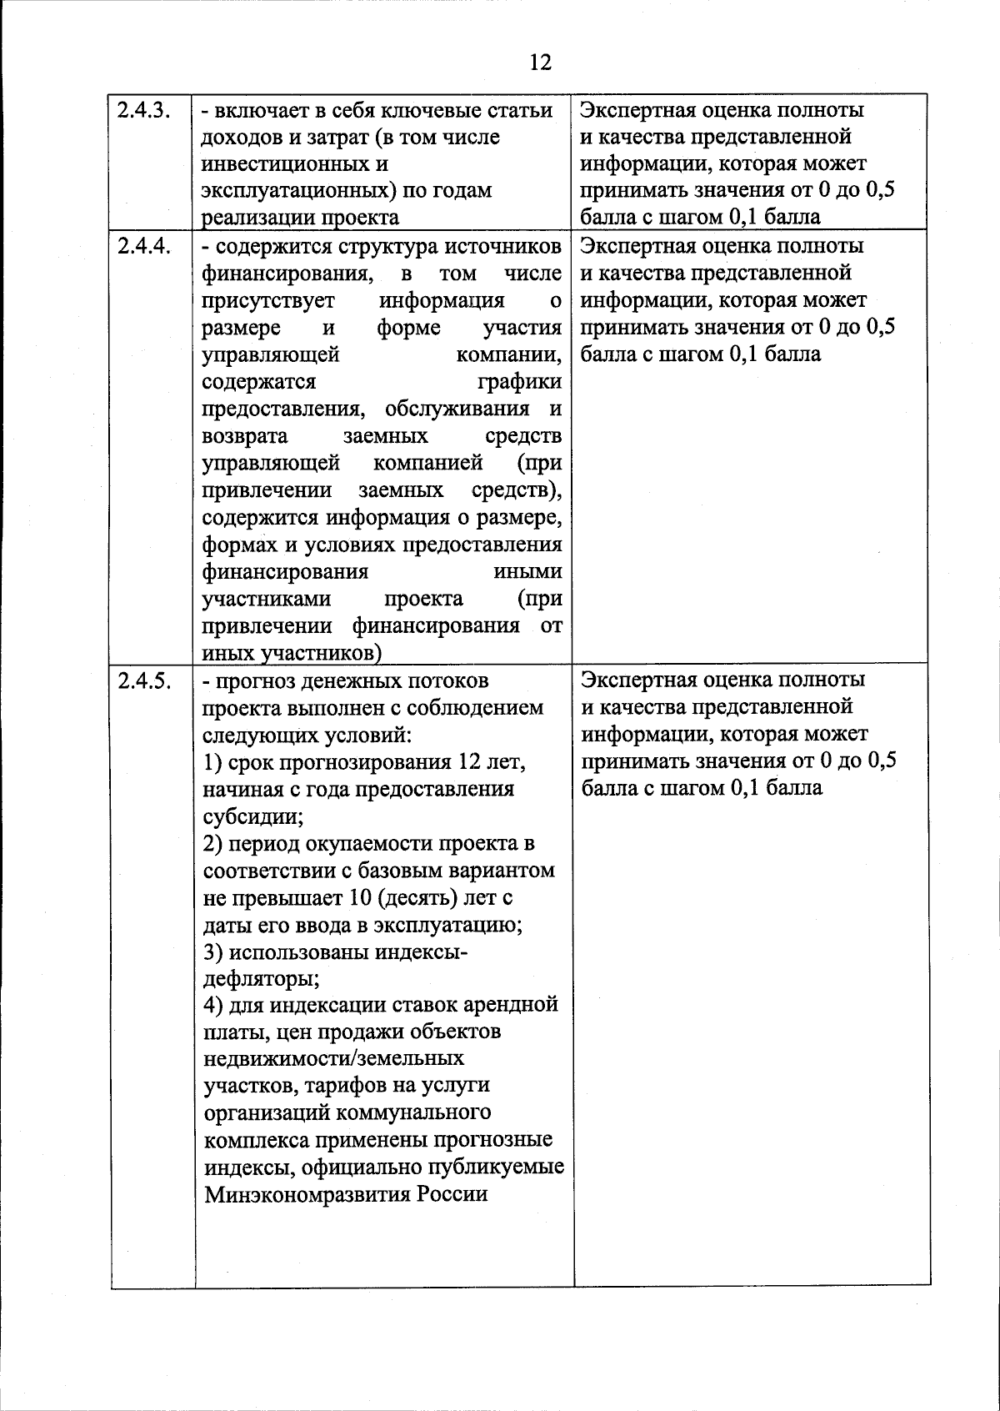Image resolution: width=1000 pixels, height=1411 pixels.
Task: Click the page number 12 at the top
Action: [540, 63]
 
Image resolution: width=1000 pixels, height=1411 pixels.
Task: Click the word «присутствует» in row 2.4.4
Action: [268, 300]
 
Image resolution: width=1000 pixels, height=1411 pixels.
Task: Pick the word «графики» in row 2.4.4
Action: [519, 382]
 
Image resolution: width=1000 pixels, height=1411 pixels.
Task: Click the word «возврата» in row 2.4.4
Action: [245, 436]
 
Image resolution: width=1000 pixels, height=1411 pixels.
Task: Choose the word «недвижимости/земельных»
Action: [334, 1059]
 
